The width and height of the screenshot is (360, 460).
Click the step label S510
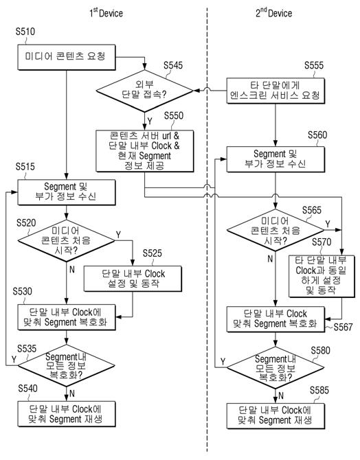point(25,32)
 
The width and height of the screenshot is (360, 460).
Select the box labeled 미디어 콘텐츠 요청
point(67,57)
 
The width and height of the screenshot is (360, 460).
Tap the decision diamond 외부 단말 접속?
point(144,91)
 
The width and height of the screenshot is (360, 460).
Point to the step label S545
point(173,65)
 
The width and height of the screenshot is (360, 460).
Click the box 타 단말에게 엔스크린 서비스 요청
point(275,91)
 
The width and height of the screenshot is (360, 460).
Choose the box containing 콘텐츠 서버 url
point(145,151)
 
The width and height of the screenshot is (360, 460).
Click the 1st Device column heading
point(106,12)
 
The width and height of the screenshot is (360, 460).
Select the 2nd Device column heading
point(273,12)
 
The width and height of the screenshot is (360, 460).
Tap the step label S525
point(152,253)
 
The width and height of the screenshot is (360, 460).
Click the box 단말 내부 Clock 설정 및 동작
point(133,279)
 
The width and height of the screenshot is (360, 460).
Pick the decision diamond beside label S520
point(67,240)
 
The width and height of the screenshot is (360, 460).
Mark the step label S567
point(343,327)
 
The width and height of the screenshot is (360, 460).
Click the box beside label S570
point(322,277)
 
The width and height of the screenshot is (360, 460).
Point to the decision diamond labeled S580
point(275,367)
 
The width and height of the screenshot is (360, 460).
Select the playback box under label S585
point(275,416)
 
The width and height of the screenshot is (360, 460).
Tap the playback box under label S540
point(67,414)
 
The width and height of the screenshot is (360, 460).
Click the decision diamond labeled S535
point(67,365)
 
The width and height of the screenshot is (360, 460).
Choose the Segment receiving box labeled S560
point(275,159)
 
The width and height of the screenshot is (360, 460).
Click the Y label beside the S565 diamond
point(328,225)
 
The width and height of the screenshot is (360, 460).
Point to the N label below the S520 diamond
point(72,269)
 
